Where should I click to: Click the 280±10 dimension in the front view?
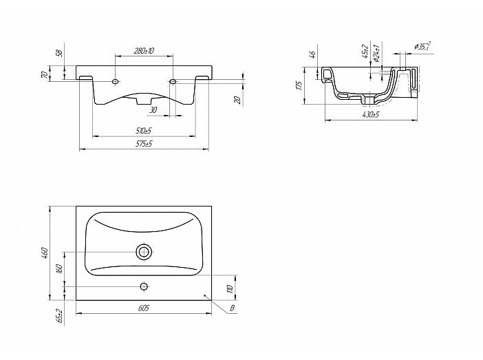(x=144, y=52)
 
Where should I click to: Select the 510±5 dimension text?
(x=144, y=129)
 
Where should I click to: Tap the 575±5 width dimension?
(x=144, y=143)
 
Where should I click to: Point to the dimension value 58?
(x=60, y=53)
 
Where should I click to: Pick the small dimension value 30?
(x=153, y=110)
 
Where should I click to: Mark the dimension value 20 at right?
(x=238, y=100)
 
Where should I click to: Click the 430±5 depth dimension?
(x=370, y=114)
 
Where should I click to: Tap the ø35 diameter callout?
(x=423, y=47)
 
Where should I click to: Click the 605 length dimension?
(x=144, y=309)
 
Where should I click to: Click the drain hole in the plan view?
(x=144, y=252)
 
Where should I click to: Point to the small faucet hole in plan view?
(x=144, y=285)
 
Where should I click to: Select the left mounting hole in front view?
(x=115, y=81)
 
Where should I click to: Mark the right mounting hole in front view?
(x=173, y=82)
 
